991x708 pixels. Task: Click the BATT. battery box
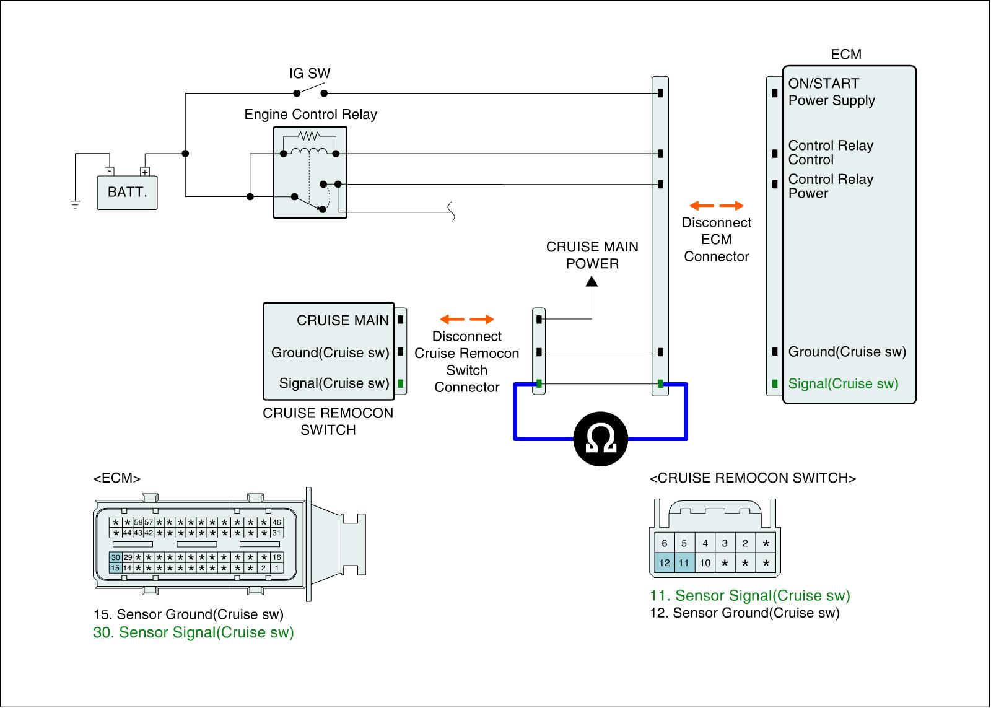(127, 192)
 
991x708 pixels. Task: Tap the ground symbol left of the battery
(75, 204)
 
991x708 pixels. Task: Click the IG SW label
(310, 74)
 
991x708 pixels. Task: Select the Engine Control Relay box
(310, 173)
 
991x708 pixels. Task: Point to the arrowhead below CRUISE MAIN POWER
(592, 282)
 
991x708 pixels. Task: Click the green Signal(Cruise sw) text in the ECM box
(843, 384)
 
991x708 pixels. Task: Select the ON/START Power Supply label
(831, 92)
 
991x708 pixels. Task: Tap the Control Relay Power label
(831, 186)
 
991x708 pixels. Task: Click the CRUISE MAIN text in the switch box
(343, 320)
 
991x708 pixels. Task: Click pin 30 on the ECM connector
(116, 557)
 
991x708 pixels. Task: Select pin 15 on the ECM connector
(115, 568)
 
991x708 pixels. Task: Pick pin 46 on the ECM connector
(277, 523)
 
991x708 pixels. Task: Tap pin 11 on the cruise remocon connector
(684, 563)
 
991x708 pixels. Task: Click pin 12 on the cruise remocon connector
(664, 563)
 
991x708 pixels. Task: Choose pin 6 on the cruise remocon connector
(664, 543)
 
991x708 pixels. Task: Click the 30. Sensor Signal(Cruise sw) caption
(193, 632)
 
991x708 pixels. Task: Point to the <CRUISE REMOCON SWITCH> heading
(753, 478)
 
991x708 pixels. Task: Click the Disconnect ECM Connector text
(717, 240)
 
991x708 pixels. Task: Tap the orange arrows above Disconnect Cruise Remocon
(467, 320)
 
